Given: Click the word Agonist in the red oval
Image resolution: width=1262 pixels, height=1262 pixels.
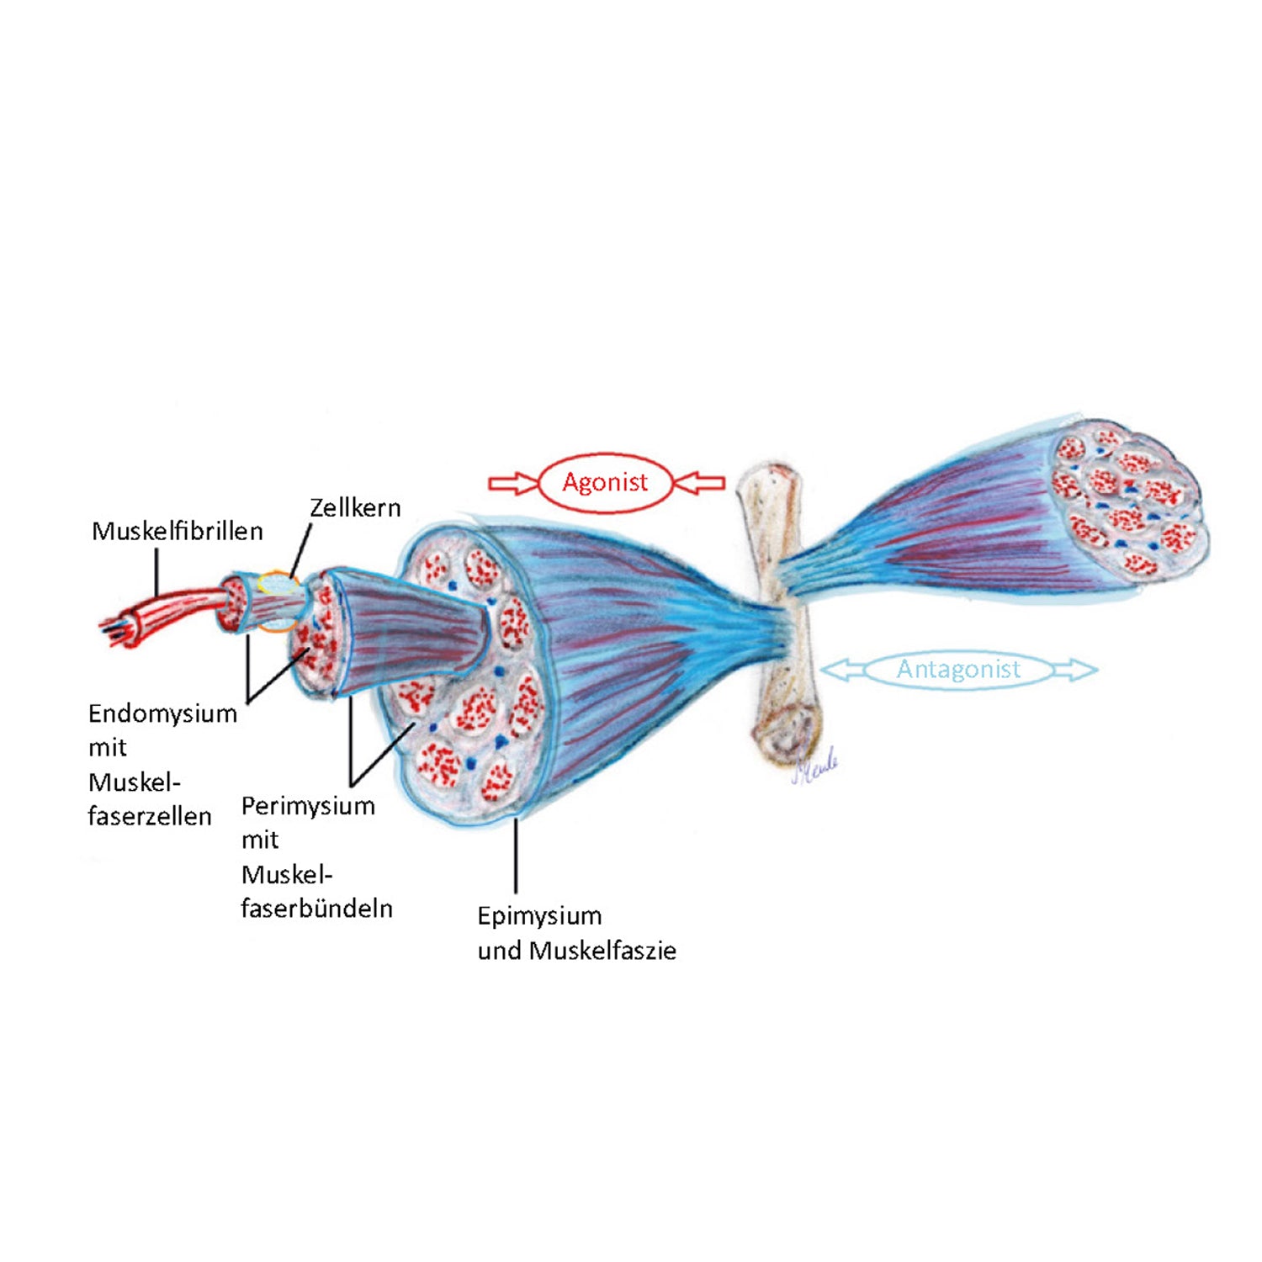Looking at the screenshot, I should pos(605,482).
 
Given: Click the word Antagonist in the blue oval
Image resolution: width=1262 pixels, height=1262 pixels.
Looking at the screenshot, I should pos(958,670).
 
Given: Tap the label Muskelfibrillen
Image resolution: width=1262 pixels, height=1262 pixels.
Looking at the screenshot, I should pos(177,531).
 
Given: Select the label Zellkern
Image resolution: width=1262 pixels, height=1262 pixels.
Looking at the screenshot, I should pos(355,507).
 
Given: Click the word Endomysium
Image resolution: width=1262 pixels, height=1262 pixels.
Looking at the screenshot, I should pos(162,713).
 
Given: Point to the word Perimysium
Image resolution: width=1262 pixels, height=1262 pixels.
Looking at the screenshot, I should pos(308,806).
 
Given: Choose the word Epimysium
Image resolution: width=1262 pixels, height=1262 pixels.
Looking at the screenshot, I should pos(539,915).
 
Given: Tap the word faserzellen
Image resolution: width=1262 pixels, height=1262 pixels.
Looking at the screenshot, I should pos(150,816).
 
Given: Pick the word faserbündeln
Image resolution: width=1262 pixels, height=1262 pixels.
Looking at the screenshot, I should pos(316,909).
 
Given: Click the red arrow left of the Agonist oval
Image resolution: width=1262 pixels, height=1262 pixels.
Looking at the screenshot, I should pos(512,483).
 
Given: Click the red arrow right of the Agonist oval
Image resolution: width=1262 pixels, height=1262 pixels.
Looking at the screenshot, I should pos(700,483).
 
